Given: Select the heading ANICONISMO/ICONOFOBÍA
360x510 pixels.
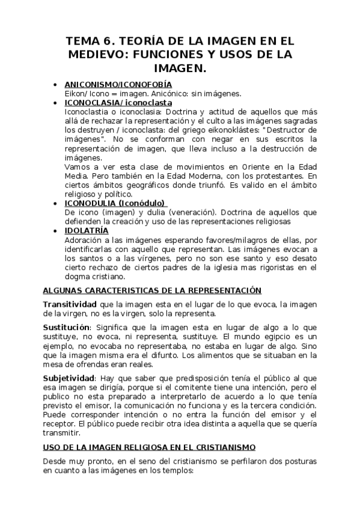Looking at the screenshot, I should pos(118,84).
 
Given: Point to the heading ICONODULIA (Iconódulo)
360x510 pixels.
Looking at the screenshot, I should pos(115,203).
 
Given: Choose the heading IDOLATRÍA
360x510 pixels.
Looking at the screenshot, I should pos(87,230).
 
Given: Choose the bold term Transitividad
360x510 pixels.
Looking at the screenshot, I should pos(70,304).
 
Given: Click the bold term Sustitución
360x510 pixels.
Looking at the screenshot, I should pos(67,328).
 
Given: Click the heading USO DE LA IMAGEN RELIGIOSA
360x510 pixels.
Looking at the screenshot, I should pos(149,447).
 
